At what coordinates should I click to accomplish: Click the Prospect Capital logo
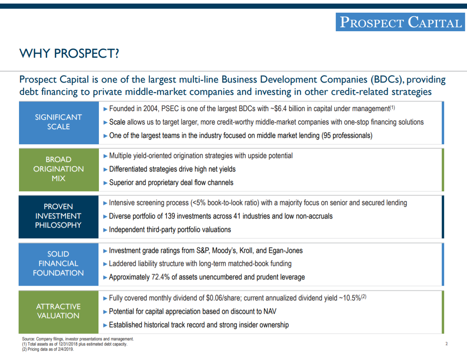coord(400,22)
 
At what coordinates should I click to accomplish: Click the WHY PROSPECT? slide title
coord(69,53)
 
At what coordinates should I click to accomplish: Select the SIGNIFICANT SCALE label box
coord(59,122)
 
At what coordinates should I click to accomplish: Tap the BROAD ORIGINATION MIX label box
coord(59,169)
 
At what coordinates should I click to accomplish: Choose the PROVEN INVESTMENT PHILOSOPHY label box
coord(59,216)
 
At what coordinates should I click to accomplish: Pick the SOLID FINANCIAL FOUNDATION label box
coord(59,264)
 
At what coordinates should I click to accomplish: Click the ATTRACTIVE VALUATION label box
coord(59,311)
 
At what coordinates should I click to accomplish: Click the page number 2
coord(446,344)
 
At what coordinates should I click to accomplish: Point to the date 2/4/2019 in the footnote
coord(65,349)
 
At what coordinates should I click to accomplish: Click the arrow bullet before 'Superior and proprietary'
coord(105,183)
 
